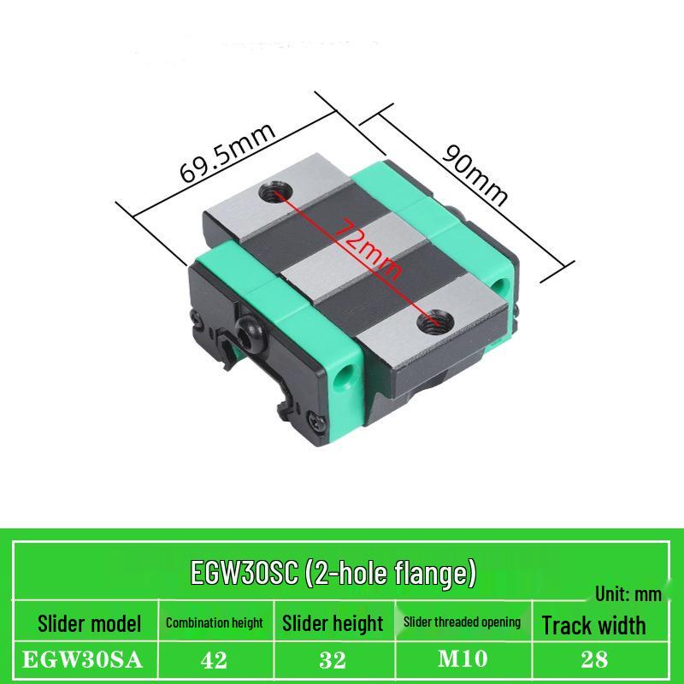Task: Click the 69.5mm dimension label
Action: pyautogui.click(x=227, y=154)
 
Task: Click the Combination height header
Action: pyautogui.click(x=215, y=623)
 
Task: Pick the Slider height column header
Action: pyautogui.click(x=333, y=623)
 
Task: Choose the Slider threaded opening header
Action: pyautogui.click(x=463, y=622)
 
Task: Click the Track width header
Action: pyautogui.click(x=593, y=625)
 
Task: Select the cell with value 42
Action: pyautogui.click(x=215, y=660)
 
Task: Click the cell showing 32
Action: pyautogui.click(x=333, y=660)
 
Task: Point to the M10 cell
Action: pyautogui.click(x=463, y=660)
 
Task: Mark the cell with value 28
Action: pyautogui.click(x=593, y=660)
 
